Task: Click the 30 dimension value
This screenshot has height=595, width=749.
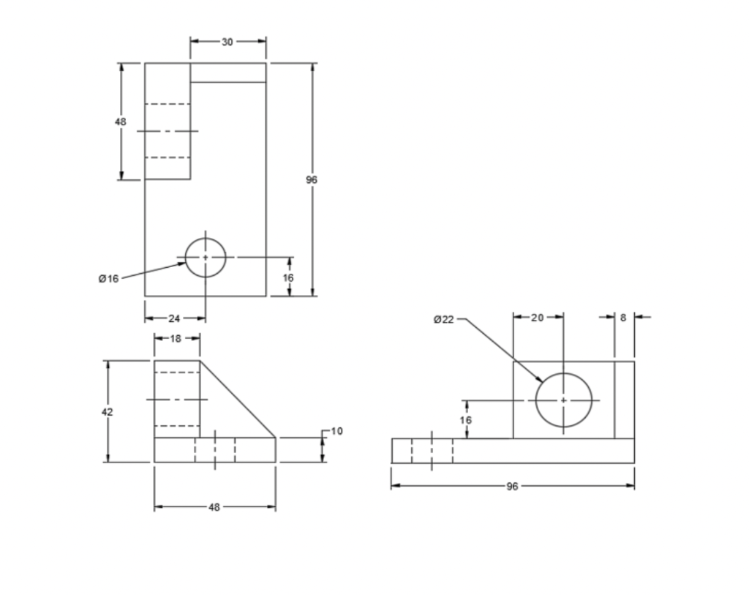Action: (227, 42)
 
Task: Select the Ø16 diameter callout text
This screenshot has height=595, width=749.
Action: (108, 279)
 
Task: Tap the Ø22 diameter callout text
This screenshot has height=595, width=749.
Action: (444, 319)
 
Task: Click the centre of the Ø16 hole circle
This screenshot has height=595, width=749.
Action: (206, 258)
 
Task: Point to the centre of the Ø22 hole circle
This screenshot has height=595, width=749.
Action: (563, 400)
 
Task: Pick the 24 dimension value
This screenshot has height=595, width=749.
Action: (175, 318)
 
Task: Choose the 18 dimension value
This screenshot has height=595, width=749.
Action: (176, 338)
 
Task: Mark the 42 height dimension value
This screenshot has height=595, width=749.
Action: (108, 412)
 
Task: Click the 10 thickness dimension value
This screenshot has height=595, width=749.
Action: (336, 431)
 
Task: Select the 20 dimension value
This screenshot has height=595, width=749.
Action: (538, 318)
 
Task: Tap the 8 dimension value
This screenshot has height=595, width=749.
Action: (623, 318)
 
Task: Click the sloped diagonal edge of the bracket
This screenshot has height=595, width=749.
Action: (238, 400)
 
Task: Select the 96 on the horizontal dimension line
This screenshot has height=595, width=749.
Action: (512, 486)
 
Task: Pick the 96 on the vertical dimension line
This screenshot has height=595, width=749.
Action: (312, 180)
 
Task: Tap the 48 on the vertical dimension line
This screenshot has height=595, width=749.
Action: (121, 122)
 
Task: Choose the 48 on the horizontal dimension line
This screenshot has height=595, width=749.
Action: (214, 507)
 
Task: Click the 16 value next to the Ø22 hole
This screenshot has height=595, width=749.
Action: (466, 420)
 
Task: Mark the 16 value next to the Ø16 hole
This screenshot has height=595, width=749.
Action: (288, 278)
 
